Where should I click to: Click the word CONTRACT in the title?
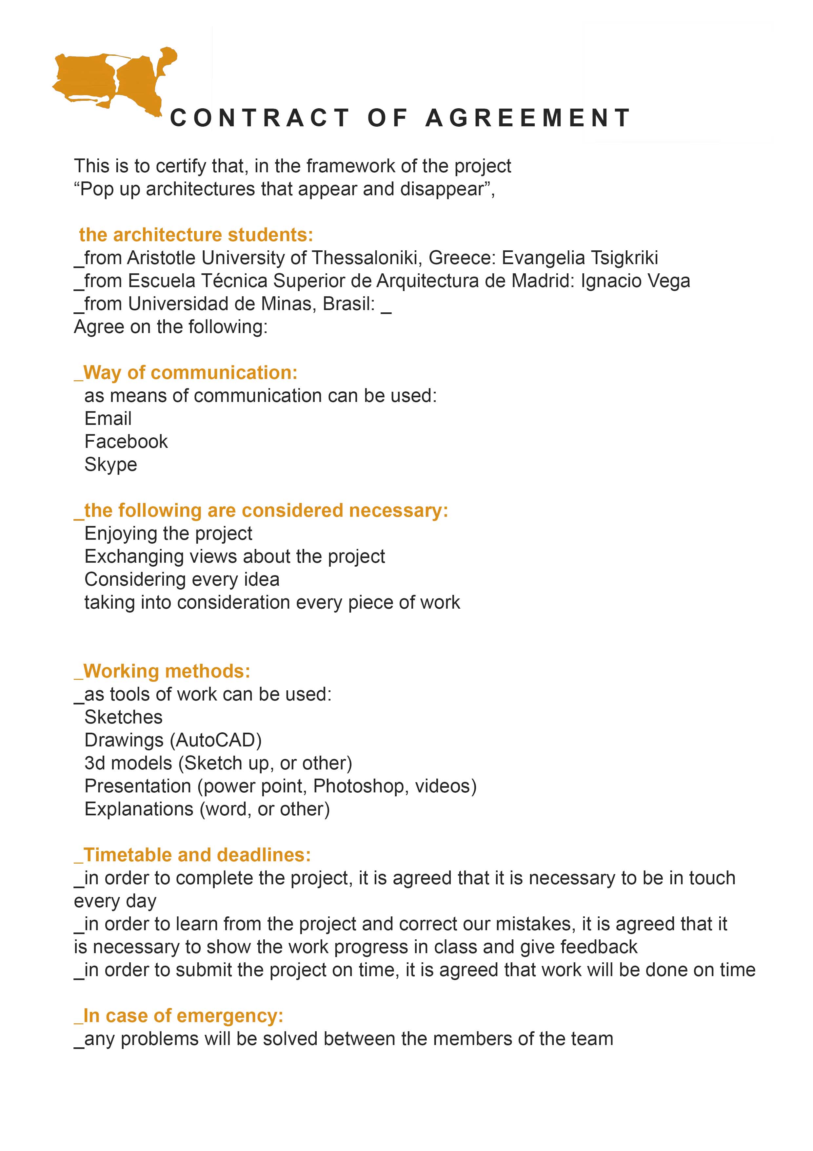coord(260,118)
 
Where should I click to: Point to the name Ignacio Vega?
coord(635,281)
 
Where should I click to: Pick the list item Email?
coord(108,419)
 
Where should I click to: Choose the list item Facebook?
coord(126,442)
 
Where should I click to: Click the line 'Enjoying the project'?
coord(168,534)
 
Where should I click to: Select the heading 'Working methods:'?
coord(167,671)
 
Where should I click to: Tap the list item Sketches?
coord(124,717)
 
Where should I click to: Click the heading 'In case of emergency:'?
coord(183,1016)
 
